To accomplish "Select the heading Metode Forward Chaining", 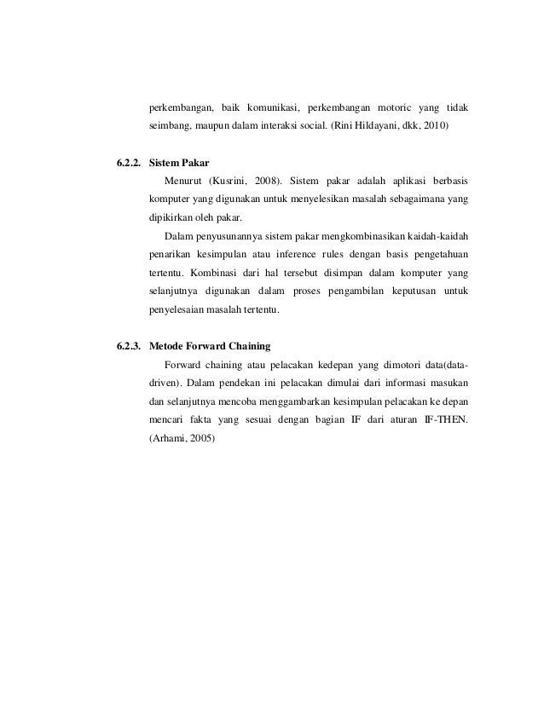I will tap(209, 346).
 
